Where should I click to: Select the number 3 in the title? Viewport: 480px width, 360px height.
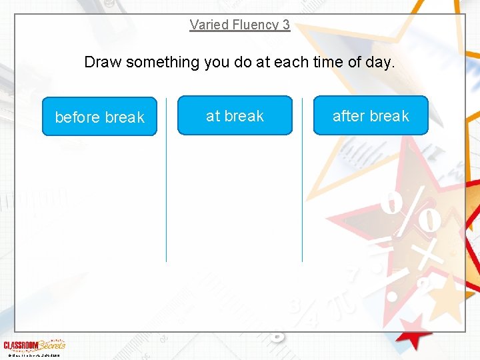[286, 25]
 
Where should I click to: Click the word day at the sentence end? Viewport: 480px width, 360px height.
[381, 63]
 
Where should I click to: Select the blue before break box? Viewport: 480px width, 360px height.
[99, 117]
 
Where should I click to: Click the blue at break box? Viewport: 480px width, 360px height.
[235, 115]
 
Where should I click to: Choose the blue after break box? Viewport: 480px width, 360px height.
[371, 115]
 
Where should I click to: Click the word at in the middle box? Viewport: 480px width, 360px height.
[213, 116]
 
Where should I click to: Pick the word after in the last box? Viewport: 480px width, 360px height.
[349, 116]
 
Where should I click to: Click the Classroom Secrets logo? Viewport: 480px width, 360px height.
[34, 345]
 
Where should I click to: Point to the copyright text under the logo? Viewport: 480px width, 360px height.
[32, 355]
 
